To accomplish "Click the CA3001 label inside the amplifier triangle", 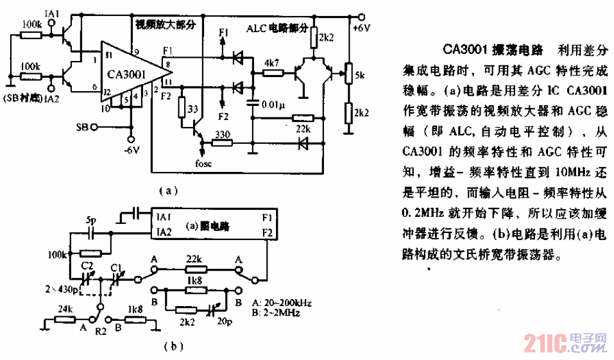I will (126, 74).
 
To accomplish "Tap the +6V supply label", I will (362, 29).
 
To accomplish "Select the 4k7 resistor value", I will (272, 63).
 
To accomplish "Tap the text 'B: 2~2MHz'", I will (277, 314).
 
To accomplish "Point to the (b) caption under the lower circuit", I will (173, 347).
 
